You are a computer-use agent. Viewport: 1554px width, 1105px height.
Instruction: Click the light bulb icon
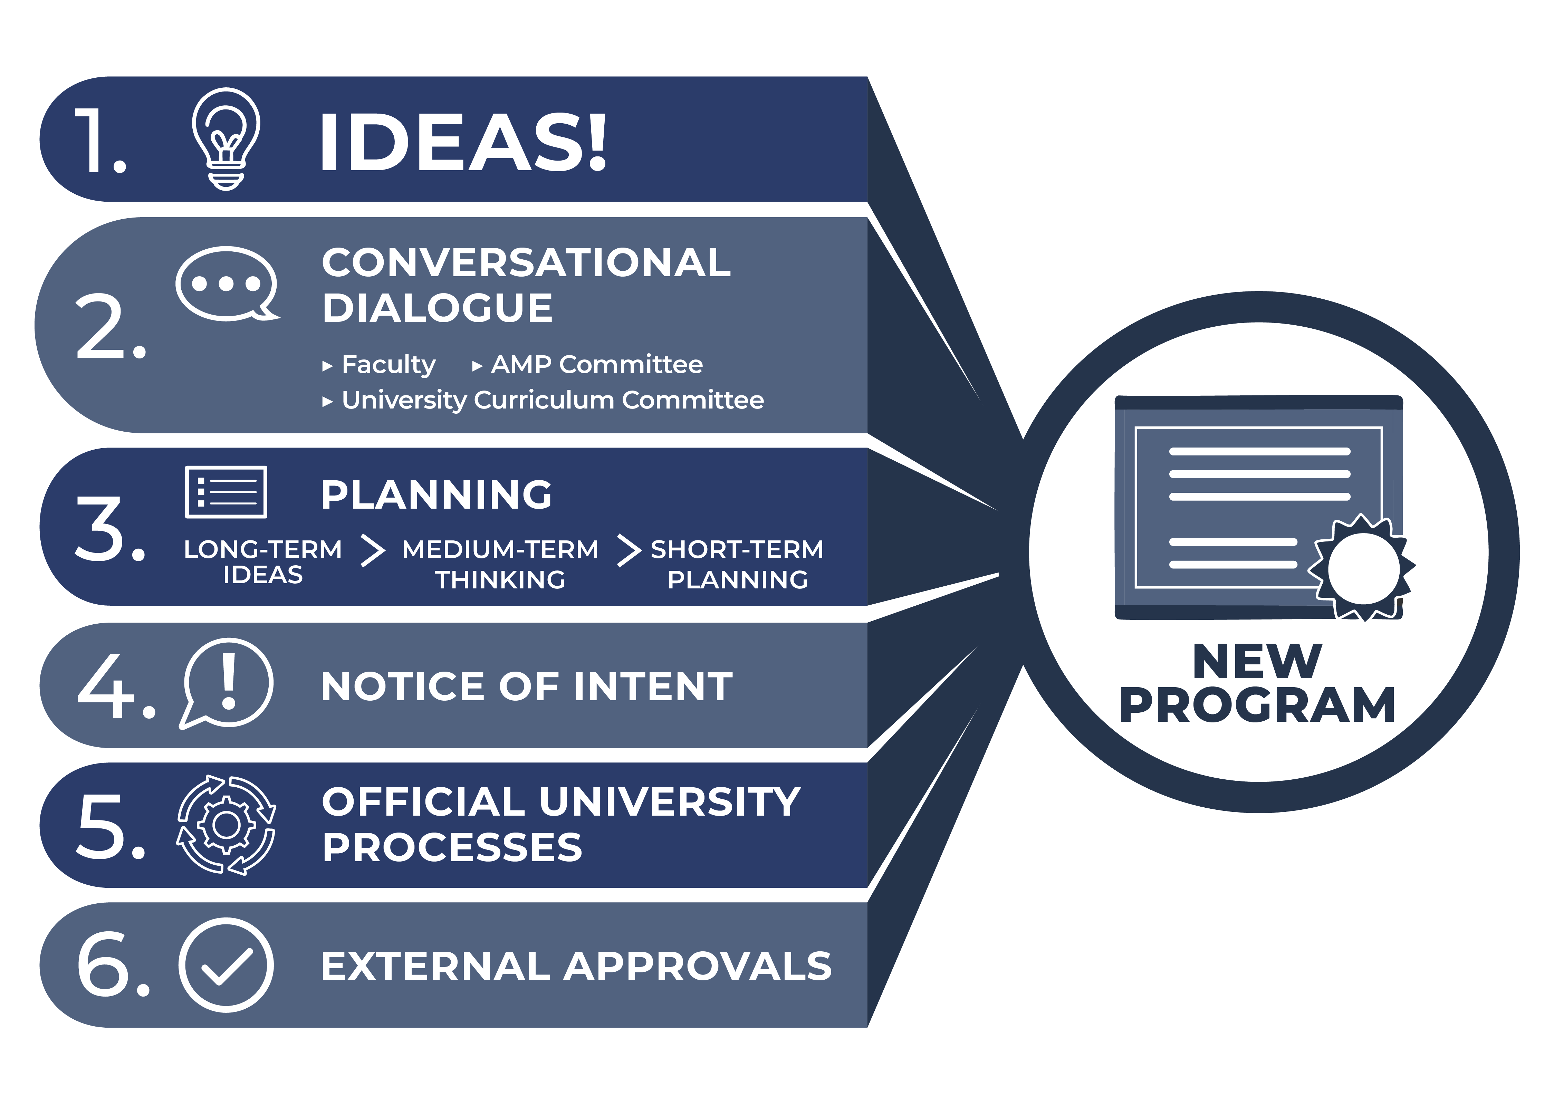[x=226, y=140]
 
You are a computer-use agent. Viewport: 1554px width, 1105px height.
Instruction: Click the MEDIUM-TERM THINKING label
[x=500, y=564]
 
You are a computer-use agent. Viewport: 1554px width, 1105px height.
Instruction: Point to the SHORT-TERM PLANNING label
[x=738, y=564]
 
